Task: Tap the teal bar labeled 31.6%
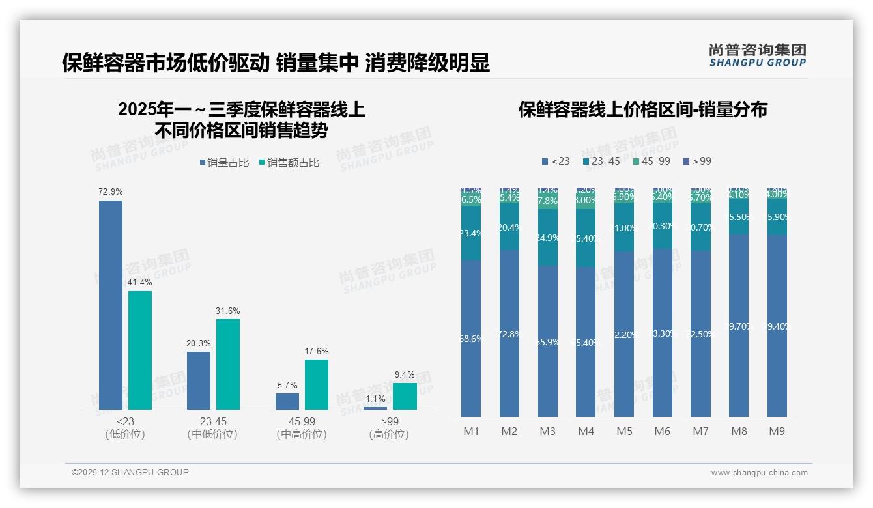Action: point(228,364)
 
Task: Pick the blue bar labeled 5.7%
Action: point(287,401)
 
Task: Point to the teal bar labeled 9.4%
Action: point(405,396)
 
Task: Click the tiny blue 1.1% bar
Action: point(375,408)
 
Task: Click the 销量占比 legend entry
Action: point(224,163)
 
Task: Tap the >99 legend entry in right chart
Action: point(698,162)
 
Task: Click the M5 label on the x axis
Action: point(624,431)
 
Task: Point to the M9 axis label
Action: point(777,431)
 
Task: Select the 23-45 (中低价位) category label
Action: point(212,428)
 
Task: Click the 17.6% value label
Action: point(317,352)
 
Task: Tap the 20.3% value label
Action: point(199,344)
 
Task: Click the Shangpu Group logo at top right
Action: point(757,55)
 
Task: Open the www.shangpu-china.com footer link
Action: point(759,473)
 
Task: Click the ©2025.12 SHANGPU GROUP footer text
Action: point(130,472)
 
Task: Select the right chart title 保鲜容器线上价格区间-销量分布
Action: point(642,109)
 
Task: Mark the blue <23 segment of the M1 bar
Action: point(470,339)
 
